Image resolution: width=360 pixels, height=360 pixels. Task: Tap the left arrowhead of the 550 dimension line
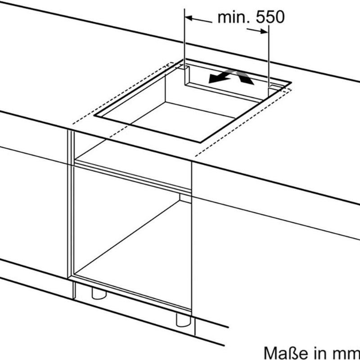[189, 18]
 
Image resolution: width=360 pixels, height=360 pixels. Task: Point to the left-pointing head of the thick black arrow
[213, 79]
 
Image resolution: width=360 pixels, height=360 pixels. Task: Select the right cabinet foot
[182, 320]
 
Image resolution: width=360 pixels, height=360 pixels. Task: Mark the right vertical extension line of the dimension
[269, 54]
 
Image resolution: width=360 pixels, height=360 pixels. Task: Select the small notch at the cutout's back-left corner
[184, 67]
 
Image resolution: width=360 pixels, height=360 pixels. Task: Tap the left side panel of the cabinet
[71, 202]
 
